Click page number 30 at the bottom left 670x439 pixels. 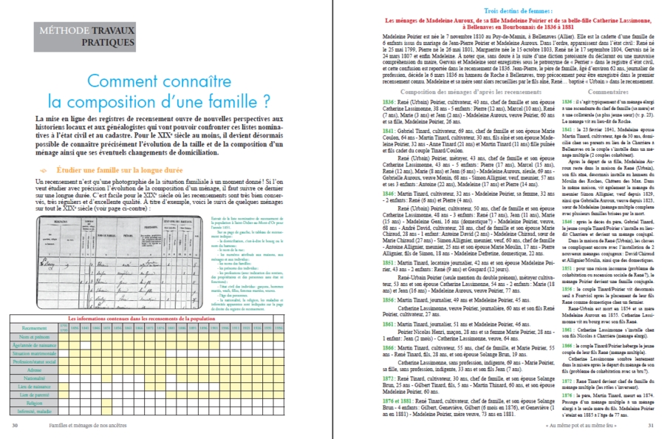click(x=15, y=425)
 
